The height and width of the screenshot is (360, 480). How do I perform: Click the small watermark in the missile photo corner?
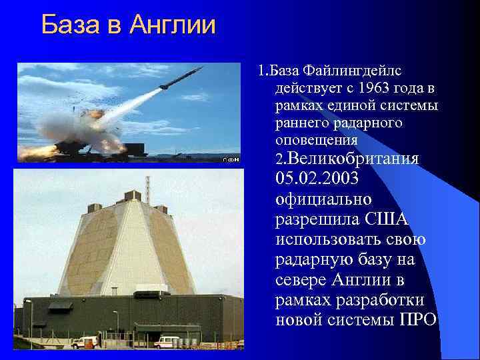(231, 159)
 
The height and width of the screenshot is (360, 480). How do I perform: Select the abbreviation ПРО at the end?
(417, 319)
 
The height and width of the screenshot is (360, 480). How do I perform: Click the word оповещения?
(317, 141)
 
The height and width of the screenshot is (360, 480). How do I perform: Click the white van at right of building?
(166, 341)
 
